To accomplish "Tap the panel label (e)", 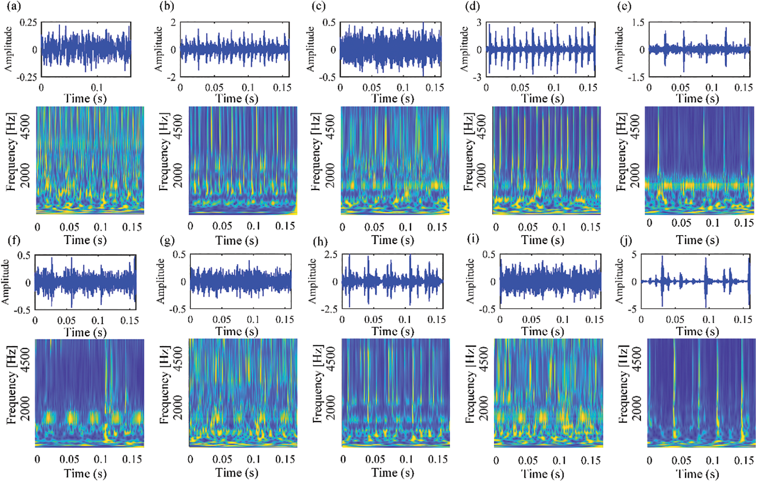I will (624, 7).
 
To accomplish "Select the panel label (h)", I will (320, 241).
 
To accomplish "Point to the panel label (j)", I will (626, 240).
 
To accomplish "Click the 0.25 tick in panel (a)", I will (28, 23).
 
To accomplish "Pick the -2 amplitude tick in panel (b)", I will (171, 77).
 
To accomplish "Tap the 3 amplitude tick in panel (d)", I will (479, 23).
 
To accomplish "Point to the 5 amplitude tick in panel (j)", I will (634, 255).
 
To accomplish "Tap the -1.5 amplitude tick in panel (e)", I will (636, 77).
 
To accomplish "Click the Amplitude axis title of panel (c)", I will (310, 49).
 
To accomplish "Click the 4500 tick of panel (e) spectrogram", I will (635, 126).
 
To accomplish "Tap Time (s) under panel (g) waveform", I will (237, 331).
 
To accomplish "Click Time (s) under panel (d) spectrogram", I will (542, 240).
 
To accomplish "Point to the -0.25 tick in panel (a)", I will (27, 77).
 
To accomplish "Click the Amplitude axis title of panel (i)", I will (470, 281).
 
